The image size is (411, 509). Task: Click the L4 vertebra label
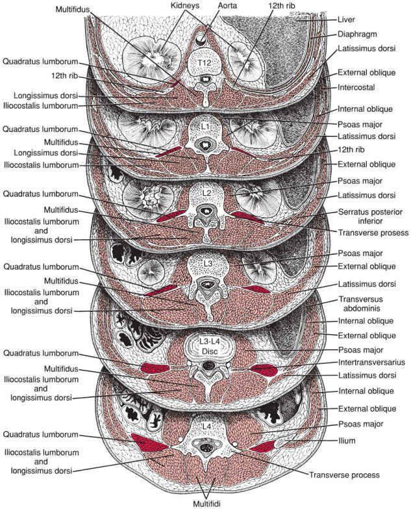tap(206, 426)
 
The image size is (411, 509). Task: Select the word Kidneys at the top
tap(166, 6)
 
